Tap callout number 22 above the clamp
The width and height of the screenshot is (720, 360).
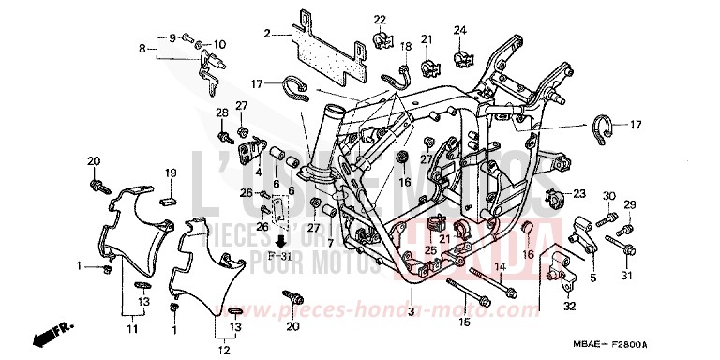click(x=380, y=20)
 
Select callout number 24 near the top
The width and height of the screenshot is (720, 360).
click(x=460, y=31)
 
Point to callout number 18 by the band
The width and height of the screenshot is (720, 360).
click(x=406, y=46)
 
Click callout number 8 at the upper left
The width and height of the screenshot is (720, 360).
click(x=143, y=49)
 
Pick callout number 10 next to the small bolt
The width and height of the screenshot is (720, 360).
click(x=220, y=45)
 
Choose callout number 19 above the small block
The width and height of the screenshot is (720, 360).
click(x=172, y=173)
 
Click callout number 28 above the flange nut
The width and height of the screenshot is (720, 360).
click(x=223, y=113)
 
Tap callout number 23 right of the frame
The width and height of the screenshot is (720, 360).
click(x=579, y=194)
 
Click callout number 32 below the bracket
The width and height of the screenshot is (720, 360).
click(x=568, y=306)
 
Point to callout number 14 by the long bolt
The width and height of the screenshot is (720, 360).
click(x=501, y=267)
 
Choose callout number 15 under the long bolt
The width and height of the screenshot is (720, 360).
click(x=462, y=322)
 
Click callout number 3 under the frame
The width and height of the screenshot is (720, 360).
click(x=410, y=310)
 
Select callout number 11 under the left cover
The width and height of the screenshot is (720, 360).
click(x=132, y=329)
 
